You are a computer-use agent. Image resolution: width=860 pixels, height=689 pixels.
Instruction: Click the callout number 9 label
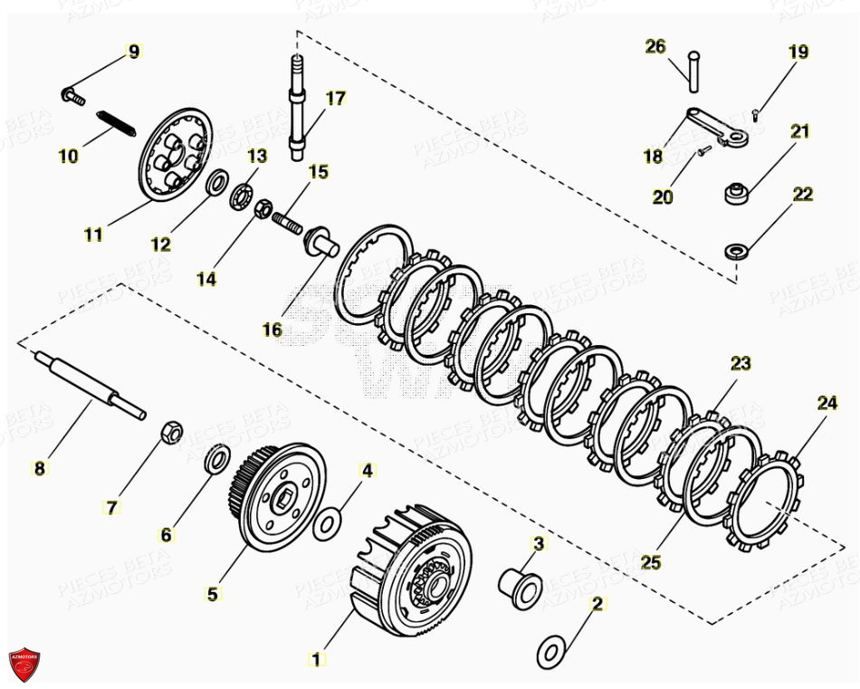pyautogui.click(x=134, y=52)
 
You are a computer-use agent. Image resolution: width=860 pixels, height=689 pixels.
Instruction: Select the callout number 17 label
pyautogui.click(x=335, y=98)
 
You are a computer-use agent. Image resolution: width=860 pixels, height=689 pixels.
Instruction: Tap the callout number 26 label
pyautogui.click(x=655, y=46)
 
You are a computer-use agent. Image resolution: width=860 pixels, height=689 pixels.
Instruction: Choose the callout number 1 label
pyautogui.click(x=317, y=659)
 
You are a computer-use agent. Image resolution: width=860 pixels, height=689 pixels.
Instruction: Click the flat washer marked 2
pyautogui.click(x=549, y=650)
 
